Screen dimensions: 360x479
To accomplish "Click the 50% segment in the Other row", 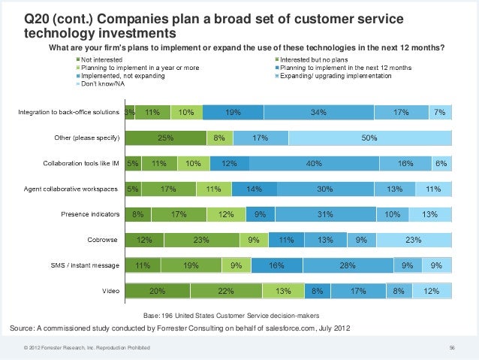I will (x=369, y=138).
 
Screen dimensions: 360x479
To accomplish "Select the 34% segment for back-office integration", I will (x=318, y=113).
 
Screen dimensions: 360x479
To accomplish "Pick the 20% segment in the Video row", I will (x=158, y=292).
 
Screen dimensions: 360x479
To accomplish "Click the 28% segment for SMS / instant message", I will (x=347, y=266).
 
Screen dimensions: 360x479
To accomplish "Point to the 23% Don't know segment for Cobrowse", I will (x=414, y=241).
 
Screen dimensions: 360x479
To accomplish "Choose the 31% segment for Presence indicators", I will (x=325, y=215).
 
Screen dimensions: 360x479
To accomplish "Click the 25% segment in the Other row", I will (x=165, y=138).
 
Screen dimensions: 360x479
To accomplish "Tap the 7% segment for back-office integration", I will (x=439, y=113).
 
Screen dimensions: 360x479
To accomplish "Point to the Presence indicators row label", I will (x=90, y=215).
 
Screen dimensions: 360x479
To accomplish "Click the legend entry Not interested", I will (x=103, y=59).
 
